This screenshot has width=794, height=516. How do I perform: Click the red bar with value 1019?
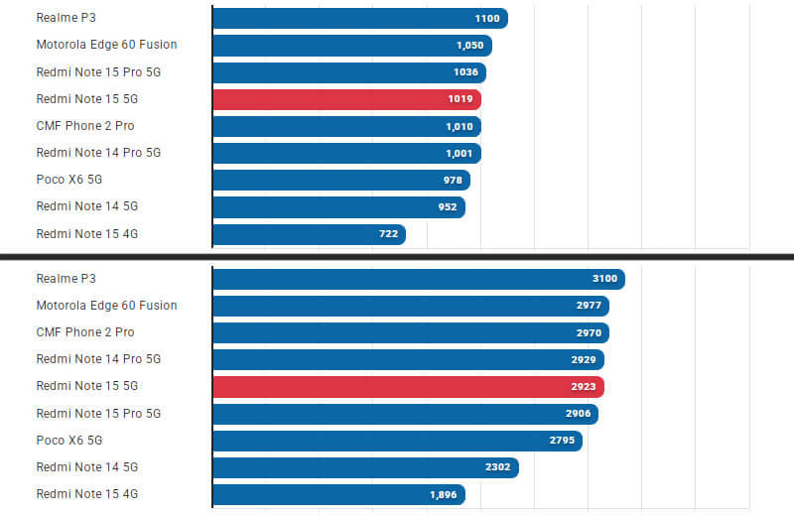point(346,99)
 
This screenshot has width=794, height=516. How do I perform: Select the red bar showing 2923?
point(408,386)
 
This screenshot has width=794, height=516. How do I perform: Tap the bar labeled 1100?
point(359,19)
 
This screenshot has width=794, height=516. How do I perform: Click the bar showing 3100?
point(418,279)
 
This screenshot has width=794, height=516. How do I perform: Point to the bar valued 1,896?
point(338,494)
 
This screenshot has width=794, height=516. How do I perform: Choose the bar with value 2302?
point(365,467)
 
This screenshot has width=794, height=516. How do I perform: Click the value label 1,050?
point(469,46)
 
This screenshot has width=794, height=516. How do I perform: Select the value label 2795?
point(562,440)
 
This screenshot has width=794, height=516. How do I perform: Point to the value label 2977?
point(589,306)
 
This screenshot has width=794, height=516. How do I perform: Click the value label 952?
point(447,206)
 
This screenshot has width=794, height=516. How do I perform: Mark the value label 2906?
point(578,413)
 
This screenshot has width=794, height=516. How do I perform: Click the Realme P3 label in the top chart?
point(66,18)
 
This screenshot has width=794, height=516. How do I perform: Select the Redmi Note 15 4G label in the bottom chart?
point(86,493)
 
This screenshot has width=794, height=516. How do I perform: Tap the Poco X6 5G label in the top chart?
point(69,179)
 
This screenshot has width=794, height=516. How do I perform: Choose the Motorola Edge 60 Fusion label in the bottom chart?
point(106,305)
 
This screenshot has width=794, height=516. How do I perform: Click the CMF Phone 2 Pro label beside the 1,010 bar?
point(85,125)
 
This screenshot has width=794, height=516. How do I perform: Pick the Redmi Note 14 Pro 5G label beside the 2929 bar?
point(98,358)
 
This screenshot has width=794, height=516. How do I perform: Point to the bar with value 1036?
point(348,72)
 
